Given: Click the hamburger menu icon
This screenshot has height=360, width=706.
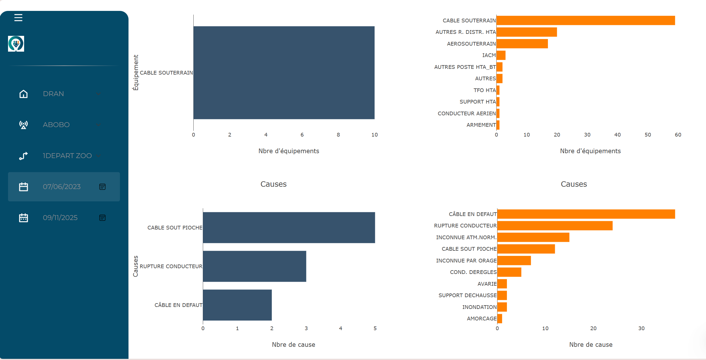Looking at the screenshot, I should click(x=18, y=18).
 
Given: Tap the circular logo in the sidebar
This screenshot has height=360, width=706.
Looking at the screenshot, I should click(x=16, y=44).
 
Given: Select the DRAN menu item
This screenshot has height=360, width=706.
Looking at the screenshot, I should click(x=53, y=94).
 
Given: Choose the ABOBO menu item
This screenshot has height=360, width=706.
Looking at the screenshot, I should click(x=56, y=125).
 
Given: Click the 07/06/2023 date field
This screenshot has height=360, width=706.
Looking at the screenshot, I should click(x=62, y=187).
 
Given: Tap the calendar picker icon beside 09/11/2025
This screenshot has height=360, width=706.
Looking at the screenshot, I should click(x=102, y=218).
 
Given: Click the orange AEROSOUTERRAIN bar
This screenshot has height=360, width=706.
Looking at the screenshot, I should click(x=522, y=44).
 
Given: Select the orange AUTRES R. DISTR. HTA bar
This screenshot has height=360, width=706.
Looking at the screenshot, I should click(x=527, y=32).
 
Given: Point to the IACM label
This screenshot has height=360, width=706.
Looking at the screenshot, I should click(x=489, y=55).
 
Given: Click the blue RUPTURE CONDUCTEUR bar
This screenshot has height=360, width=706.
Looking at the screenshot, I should click(x=254, y=266).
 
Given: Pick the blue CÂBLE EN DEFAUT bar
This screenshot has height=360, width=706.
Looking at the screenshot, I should click(x=237, y=305).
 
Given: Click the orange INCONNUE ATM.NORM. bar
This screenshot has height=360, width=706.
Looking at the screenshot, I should click(x=533, y=237).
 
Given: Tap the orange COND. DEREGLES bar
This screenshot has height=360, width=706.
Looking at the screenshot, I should click(x=509, y=272).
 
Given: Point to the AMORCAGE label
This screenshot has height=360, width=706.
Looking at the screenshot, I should click(x=482, y=318).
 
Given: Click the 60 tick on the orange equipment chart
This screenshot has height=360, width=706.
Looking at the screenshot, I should click(x=678, y=135).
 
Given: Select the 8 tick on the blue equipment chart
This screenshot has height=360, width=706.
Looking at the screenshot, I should click(x=338, y=135).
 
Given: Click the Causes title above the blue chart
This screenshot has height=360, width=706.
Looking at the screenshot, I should click(x=273, y=184).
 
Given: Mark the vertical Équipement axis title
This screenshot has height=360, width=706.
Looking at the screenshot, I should click(x=136, y=73).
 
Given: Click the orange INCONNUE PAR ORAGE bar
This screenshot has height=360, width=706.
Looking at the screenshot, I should click(x=514, y=260).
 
